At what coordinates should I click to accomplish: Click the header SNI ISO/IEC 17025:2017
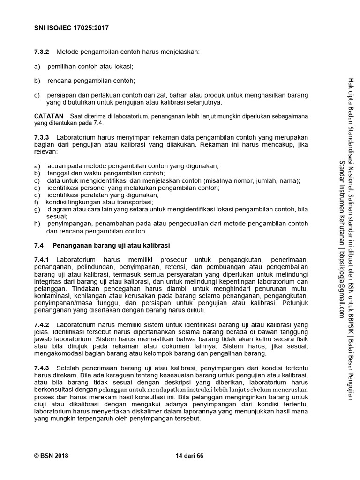click(71, 28)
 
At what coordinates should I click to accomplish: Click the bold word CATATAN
click(49, 116)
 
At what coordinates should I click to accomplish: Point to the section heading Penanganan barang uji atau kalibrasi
click(111, 245)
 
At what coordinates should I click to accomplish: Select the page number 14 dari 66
click(189, 456)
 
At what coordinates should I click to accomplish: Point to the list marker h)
click(37, 224)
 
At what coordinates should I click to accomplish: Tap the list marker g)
click(37, 209)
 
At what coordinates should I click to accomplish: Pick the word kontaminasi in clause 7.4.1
click(54, 296)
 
